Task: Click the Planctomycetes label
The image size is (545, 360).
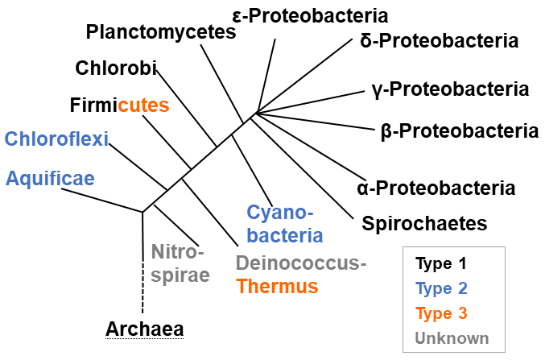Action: (160, 33)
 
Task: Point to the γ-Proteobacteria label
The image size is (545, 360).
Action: (450, 89)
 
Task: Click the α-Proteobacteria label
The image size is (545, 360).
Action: (436, 188)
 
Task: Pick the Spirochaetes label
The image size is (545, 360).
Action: (425, 223)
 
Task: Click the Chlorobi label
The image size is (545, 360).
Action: (115, 68)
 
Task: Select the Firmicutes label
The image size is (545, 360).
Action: (119, 106)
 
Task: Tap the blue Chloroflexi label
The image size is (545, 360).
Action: (56, 139)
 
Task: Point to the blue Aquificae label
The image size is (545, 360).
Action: (50, 178)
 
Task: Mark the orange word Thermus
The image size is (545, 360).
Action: (277, 286)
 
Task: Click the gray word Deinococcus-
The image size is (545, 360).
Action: (302, 263)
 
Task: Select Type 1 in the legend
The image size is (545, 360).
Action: (441, 263)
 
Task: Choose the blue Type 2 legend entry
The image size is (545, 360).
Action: (441, 288)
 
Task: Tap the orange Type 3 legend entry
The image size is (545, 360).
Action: (441, 312)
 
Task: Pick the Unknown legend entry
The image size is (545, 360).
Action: (452, 337)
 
